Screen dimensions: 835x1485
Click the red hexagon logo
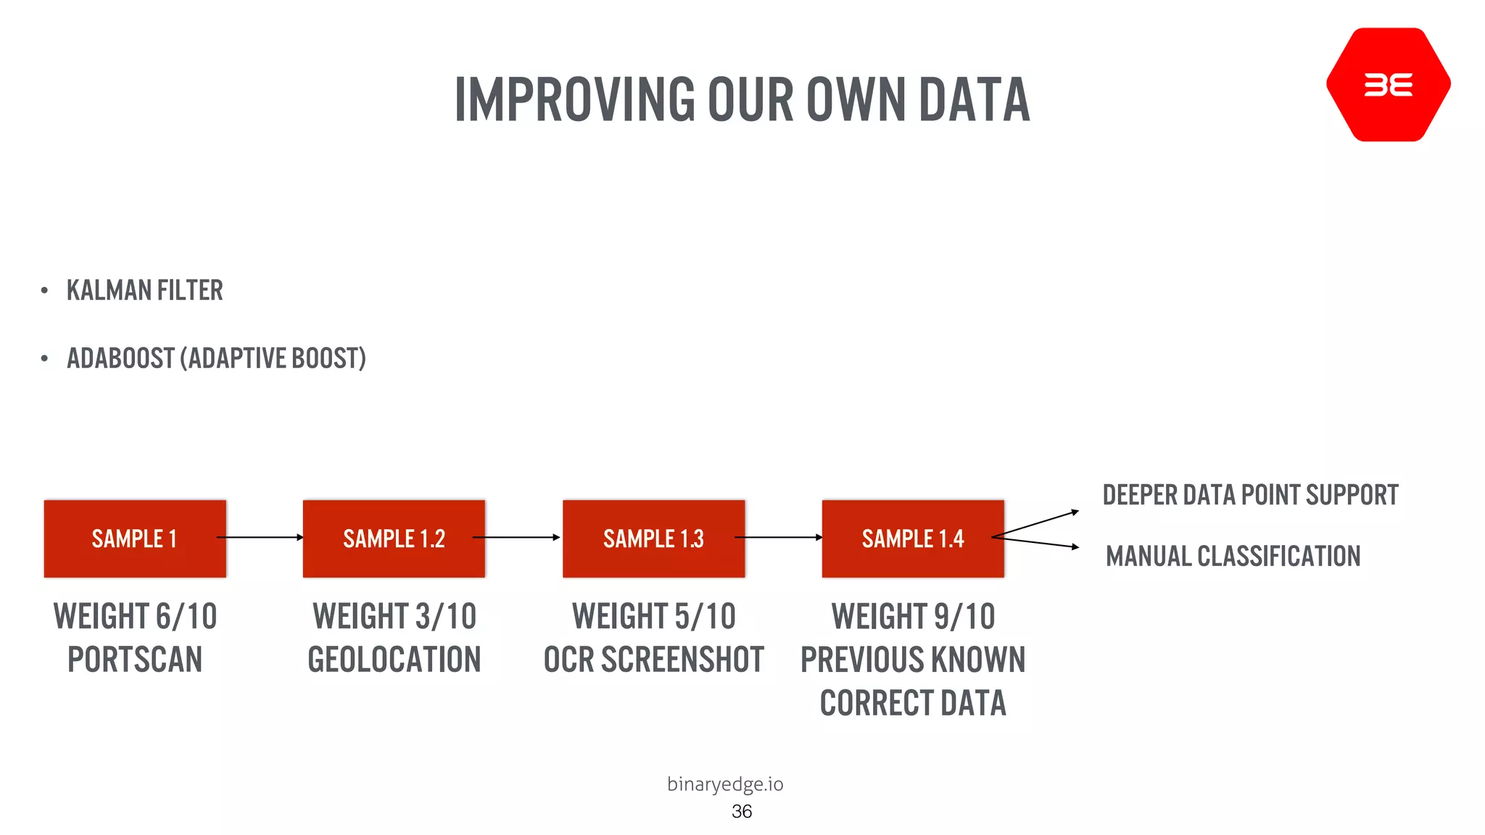click(x=1388, y=85)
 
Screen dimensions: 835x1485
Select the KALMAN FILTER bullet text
click(x=144, y=291)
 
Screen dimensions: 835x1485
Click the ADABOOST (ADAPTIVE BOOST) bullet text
click(x=216, y=358)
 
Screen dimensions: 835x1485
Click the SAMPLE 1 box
click(x=135, y=539)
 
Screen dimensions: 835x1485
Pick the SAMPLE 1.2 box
click(x=394, y=539)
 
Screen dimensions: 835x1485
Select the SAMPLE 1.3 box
click(x=653, y=539)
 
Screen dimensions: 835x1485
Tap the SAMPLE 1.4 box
click(x=913, y=539)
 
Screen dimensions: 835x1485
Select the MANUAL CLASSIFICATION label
click(x=1233, y=557)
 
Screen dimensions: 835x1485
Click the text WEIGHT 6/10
click(x=135, y=617)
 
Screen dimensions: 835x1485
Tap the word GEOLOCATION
click(x=394, y=660)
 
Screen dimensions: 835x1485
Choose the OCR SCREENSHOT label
click(x=653, y=660)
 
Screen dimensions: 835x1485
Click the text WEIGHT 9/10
click(x=913, y=617)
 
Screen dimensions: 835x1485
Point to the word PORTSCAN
click(x=135, y=660)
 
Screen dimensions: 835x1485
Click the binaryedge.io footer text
click(x=725, y=784)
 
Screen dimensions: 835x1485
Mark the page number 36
click(x=742, y=811)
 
